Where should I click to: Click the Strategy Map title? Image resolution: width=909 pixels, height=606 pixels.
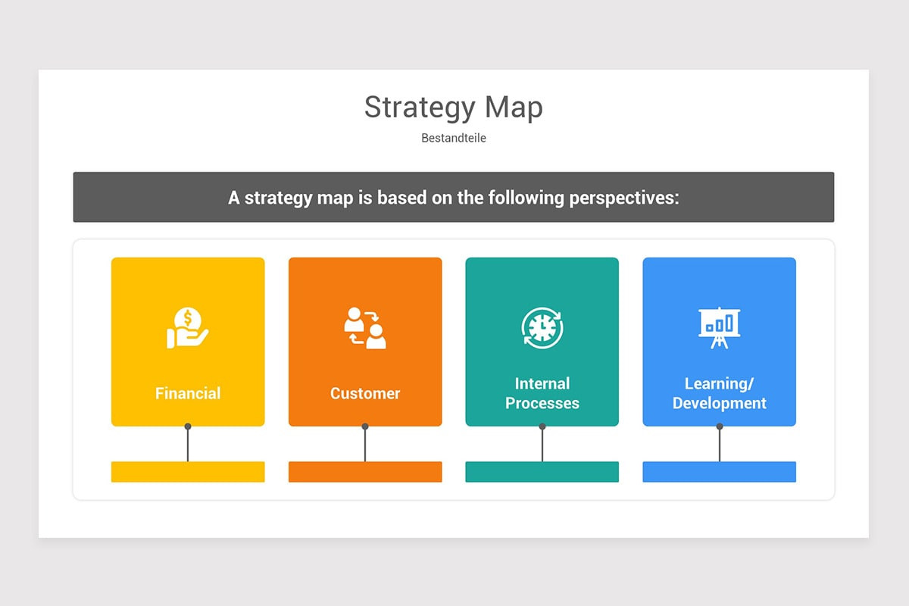(x=453, y=108)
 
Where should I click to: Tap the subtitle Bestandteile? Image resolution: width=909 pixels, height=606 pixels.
(x=453, y=139)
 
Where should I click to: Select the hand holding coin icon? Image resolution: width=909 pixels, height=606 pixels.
(x=187, y=328)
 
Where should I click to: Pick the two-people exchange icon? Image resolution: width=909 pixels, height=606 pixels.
(x=364, y=328)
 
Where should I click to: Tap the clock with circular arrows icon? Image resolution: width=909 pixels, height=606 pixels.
(x=542, y=328)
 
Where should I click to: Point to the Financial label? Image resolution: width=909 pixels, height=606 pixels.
(x=188, y=393)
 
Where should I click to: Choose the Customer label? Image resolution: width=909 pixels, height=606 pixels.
(x=365, y=393)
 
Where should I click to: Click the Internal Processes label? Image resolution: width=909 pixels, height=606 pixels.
(x=542, y=393)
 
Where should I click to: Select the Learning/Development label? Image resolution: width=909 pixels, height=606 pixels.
(x=719, y=393)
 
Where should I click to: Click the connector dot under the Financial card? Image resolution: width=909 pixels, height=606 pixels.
(x=188, y=426)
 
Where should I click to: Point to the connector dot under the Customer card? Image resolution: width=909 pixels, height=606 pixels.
(x=365, y=426)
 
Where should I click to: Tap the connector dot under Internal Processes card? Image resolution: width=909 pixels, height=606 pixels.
(x=542, y=426)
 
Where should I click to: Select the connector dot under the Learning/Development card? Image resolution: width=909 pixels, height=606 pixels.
(x=720, y=426)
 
